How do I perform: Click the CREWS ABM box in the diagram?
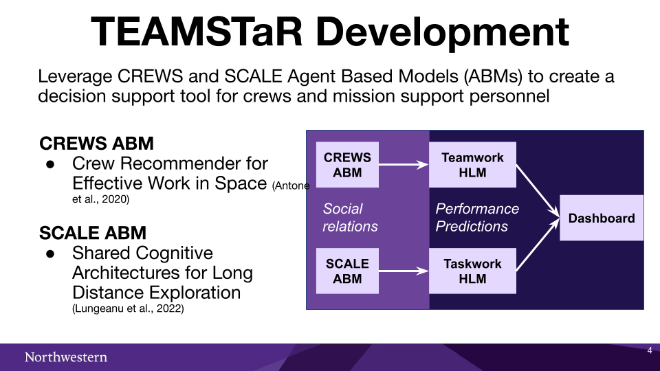click(347, 164)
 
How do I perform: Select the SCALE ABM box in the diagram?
click(347, 271)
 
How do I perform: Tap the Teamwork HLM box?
click(472, 164)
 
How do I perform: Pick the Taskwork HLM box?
click(472, 271)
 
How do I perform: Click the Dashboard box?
click(602, 218)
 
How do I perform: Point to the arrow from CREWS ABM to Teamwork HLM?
click(404, 164)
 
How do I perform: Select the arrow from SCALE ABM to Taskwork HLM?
click(404, 271)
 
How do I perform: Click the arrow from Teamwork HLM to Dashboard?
click(538, 191)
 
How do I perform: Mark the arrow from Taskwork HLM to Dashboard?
click(538, 245)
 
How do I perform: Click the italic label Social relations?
click(350, 218)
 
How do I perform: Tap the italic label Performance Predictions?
click(477, 218)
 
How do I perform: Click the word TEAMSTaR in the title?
click(197, 32)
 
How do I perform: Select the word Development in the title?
click(442, 34)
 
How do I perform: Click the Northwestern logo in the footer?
click(66, 357)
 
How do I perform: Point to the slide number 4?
click(650, 350)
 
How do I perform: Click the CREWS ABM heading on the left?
click(96, 144)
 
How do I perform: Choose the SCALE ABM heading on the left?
click(93, 233)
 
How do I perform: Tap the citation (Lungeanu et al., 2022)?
click(128, 308)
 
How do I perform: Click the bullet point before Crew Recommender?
click(50, 164)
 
